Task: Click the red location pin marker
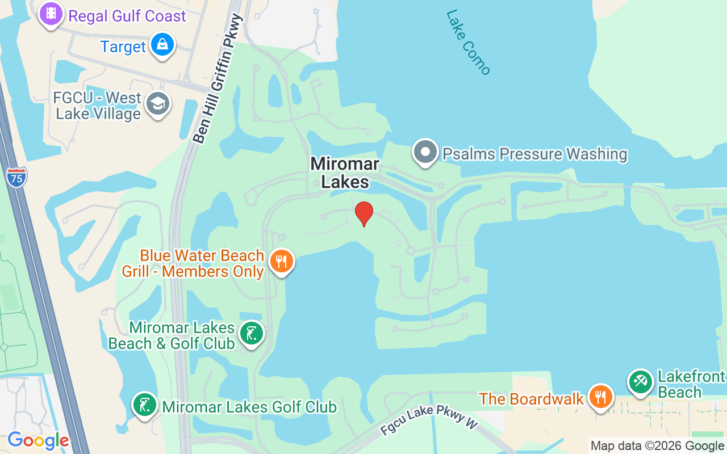tap(364, 213)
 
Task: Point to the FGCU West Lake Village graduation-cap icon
tap(157, 104)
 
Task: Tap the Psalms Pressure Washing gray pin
tap(425, 152)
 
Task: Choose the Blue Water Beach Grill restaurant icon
tap(281, 261)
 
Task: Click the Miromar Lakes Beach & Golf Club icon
tap(251, 333)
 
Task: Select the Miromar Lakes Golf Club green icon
tap(145, 405)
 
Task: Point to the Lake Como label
tap(469, 42)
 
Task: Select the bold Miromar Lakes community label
tap(345, 173)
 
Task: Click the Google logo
tap(38, 440)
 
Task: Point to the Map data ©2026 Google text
tap(658, 446)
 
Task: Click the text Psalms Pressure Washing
tap(534, 154)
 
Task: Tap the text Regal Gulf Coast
tap(127, 16)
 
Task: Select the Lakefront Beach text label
tap(691, 384)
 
